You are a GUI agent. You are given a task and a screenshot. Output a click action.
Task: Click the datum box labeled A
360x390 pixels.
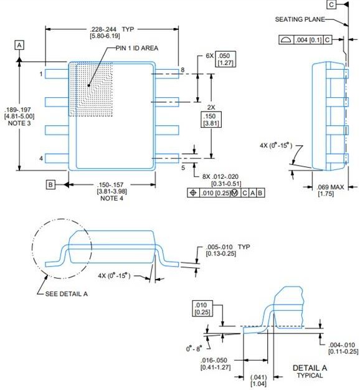point(20,45)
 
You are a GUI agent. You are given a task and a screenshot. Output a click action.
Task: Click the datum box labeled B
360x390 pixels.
point(51,184)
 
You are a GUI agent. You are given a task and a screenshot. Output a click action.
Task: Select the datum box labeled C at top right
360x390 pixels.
point(331,5)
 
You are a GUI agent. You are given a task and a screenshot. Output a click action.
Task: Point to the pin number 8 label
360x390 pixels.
point(182,70)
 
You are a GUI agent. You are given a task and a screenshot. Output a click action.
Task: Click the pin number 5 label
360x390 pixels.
point(182,167)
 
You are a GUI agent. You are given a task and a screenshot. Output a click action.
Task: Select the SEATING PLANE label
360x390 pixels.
point(300,20)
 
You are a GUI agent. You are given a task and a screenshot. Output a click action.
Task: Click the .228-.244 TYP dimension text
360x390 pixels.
point(113,29)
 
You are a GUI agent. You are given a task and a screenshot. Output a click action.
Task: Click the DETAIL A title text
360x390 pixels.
point(310,368)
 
